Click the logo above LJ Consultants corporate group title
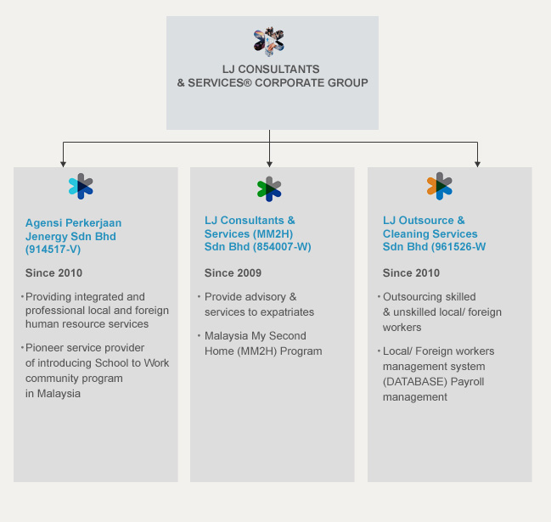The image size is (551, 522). point(268,41)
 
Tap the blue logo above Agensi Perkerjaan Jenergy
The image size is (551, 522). point(81,186)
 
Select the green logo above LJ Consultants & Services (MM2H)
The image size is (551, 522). point(268,188)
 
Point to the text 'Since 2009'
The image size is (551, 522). point(233,273)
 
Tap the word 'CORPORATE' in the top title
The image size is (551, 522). point(294,83)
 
